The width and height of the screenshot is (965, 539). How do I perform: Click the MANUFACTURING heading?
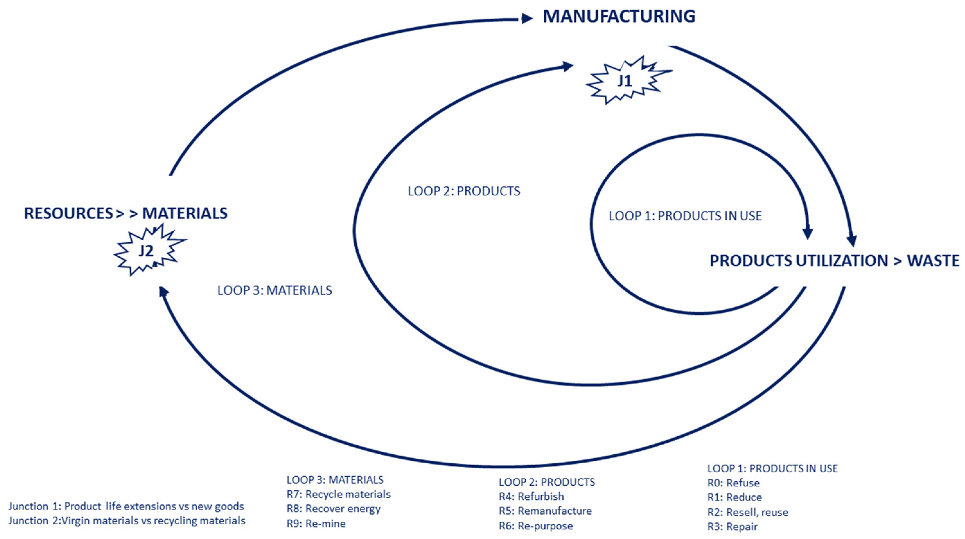(619, 17)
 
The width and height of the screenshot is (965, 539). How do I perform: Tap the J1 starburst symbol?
(625, 81)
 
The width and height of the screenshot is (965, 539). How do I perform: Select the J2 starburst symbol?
(147, 250)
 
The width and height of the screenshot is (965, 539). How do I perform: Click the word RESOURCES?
(68, 213)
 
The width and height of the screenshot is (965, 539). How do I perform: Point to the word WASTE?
(933, 261)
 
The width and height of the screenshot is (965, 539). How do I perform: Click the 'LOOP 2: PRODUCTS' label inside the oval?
(464, 191)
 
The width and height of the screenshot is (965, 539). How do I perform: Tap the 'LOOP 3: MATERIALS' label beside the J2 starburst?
(275, 290)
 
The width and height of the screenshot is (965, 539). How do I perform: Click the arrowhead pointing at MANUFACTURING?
(527, 18)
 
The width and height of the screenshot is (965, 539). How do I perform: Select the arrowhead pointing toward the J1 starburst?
(568, 67)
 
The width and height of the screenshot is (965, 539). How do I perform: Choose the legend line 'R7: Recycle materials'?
(338, 494)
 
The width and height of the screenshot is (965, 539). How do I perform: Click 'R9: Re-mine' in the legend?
(316, 524)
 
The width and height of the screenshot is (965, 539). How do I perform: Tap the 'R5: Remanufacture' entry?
(545, 511)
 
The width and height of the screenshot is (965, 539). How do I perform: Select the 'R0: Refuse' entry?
(733, 483)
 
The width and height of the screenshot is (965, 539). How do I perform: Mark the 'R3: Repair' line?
(733, 527)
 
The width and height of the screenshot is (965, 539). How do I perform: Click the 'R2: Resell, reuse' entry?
(747, 512)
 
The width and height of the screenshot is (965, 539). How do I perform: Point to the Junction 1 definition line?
(126, 506)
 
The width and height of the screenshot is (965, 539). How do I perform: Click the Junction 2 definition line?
(127, 521)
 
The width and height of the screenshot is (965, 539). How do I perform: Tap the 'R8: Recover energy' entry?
(333, 509)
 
